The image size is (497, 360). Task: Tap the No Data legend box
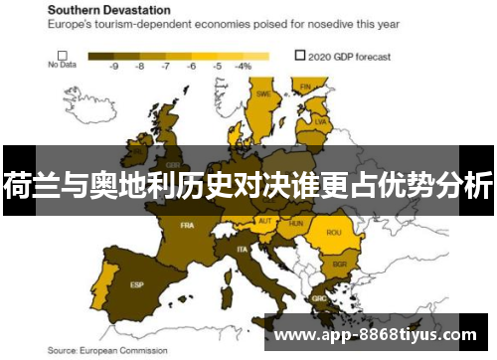coord(62,56)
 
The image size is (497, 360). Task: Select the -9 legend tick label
coord(114,66)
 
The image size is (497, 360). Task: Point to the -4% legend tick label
coord(242,66)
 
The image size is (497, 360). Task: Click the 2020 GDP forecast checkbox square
coord(300,56)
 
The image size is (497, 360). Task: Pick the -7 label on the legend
coord(166,66)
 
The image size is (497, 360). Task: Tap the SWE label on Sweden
coord(263,94)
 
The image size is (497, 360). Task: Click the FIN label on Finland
coord(306,87)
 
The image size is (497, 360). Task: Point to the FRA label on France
coord(187,226)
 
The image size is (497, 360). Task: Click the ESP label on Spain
coord(137,284)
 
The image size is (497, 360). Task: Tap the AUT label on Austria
coord(264,221)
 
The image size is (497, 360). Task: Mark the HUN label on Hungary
coord(295,224)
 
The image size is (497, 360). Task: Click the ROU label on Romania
coord(333,234)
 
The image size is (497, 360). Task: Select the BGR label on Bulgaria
coord(339,265)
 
